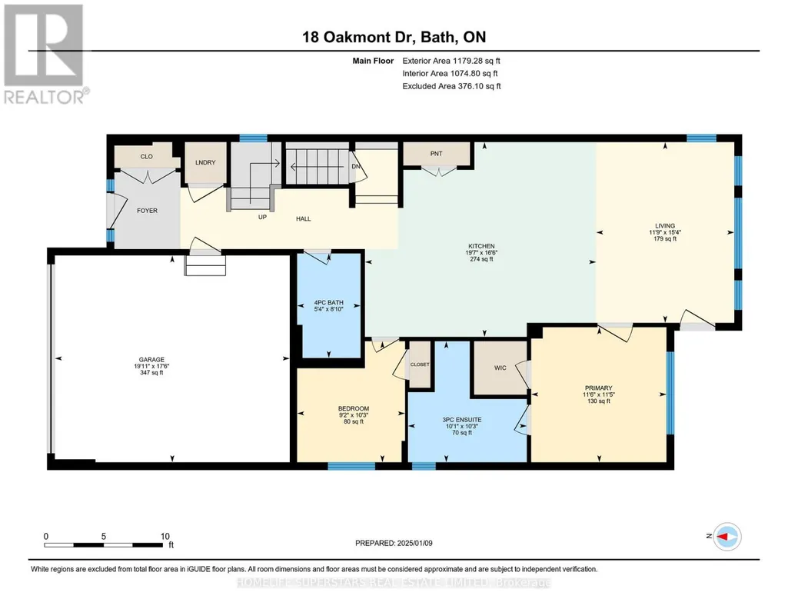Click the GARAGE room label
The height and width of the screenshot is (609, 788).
[x=151, y=360]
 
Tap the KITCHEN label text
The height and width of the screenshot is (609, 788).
[x=481, y=246]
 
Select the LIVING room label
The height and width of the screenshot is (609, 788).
[x=665, y=225]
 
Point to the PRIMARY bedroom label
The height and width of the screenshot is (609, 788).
[x=599, y=388]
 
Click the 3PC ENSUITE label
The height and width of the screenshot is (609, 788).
[x=462, y=420]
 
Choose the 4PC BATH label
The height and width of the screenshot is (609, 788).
[x=329, y=302]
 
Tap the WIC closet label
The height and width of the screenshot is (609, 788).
[x=500, y=368]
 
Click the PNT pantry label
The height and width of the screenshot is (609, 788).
[x=436, y=154]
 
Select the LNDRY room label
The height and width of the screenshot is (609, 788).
[x=205, y=162]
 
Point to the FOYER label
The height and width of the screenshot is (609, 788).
[x=148, y=211]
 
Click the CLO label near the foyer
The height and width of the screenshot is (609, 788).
[x=146, y=156]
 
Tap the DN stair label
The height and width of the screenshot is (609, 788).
[x=356, y=166]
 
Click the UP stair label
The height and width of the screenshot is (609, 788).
[x=262, y=217]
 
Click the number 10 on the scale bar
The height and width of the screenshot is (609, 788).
[x=165, y=536]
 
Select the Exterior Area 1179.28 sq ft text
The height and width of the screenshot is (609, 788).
[x=451, y=61]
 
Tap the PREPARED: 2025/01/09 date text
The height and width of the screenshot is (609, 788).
[x=394, y=543]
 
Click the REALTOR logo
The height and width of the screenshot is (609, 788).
[x=45, y=55]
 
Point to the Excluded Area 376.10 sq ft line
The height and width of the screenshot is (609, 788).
[x=451, y=86]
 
